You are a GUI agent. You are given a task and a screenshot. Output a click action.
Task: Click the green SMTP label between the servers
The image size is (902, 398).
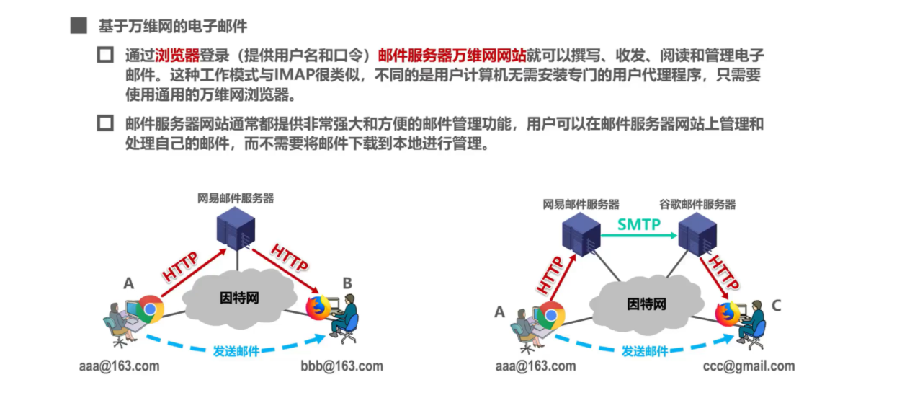click(638, 224)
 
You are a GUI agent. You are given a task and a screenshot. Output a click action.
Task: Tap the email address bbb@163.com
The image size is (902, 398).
click(341, 366)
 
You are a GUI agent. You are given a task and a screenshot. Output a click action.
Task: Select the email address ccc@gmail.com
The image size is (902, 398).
click(749, 366)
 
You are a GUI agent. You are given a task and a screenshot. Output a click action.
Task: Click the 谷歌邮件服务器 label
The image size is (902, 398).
click(697, 205)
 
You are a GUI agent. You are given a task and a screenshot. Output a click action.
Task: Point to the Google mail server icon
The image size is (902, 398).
click(697, 234)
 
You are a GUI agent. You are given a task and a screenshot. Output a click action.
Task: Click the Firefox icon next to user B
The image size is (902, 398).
click(318, 309)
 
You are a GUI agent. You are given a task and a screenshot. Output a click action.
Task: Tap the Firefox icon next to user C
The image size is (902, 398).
click(727, 314)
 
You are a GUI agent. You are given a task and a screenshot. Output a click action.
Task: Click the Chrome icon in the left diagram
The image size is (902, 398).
click(151, 309)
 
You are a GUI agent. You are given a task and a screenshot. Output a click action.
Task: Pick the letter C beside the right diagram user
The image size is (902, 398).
click(776, 306)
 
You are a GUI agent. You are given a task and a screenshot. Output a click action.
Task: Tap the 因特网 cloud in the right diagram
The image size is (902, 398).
click(646, 304)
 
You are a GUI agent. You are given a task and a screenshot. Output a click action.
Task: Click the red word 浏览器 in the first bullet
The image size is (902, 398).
click(177, 56)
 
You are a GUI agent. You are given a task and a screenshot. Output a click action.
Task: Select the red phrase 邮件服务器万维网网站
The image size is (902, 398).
click(452, 56)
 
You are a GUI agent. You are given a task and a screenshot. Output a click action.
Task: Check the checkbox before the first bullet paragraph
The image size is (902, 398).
click(106, 56)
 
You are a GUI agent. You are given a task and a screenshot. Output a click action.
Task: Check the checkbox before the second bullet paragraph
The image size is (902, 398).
click(106, 123)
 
